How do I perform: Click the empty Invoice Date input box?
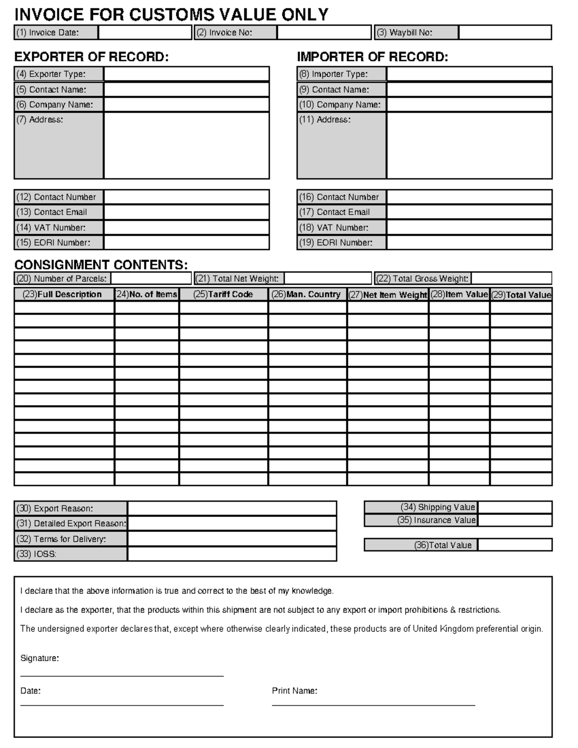tap(145, 33)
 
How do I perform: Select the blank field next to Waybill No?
tap(504, 33)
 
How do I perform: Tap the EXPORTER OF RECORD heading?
tap(92, 57)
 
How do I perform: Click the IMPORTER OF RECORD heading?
tap(372, 57)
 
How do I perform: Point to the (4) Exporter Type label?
tap(58, 74)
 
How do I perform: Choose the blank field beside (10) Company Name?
tap(469, 105)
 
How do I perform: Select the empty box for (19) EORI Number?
tap(469, 243)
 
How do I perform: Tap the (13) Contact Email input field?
tap(186, 212)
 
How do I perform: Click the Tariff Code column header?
tap(223, 294)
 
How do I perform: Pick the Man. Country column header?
tap(307, 294)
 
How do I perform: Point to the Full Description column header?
tap(64, 294)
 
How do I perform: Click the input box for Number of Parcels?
tap(151, 278)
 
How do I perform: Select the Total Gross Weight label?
tap(422, 278)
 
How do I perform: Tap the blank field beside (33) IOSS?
tap(232, 554)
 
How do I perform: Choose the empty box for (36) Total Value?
tap(515, 545)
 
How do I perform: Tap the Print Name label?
tap(294, 691)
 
